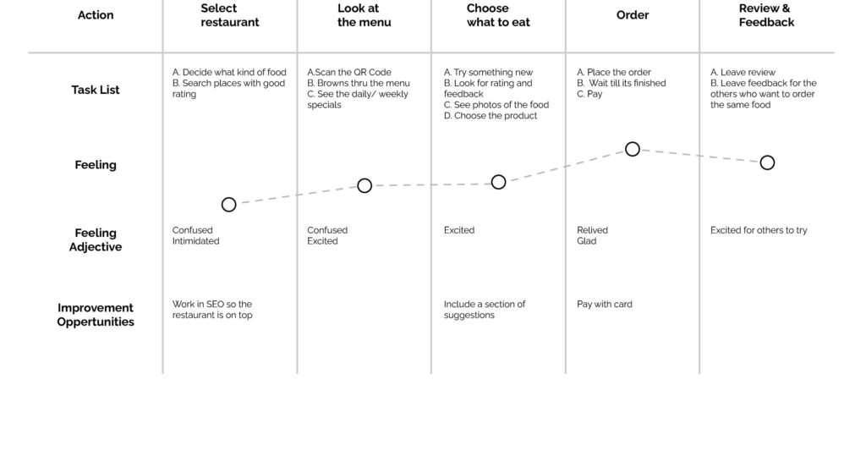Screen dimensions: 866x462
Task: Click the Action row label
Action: (96, 15)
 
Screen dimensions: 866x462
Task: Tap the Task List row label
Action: (96, 90)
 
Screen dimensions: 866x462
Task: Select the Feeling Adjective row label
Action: (96, 239)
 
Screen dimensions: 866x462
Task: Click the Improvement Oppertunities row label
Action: (96, 315)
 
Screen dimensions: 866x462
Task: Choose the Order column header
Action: (633, 15)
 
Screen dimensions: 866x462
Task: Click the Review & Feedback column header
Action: (766, 15)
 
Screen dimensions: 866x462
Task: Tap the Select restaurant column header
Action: (230, 15)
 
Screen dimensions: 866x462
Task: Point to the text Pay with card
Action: (605, 304)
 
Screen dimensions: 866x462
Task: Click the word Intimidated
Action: (195, 241)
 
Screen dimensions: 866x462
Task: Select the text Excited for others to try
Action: (759, 230)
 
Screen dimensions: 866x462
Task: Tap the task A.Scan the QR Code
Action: (349, 72)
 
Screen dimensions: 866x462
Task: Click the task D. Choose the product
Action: (491, 115)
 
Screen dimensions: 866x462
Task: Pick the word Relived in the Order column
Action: (592, 230)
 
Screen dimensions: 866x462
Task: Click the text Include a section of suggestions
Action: (485, 310)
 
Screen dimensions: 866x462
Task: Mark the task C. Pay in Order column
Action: (589, 94)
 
